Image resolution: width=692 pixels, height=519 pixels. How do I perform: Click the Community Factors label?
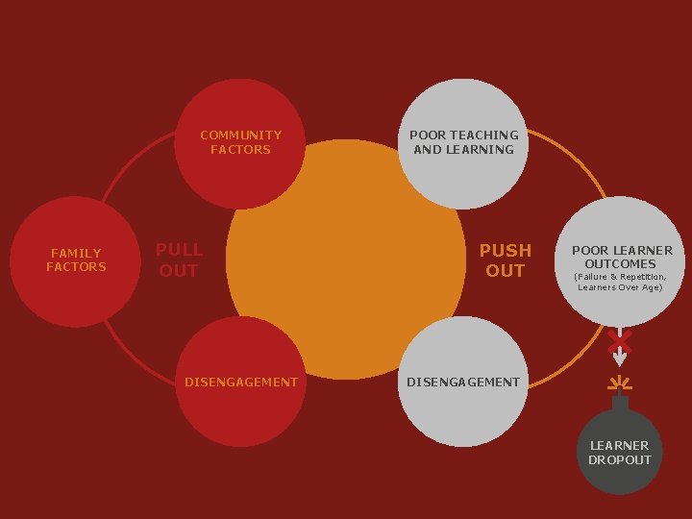[240, 142]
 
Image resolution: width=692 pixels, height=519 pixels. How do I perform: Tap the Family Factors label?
[76, 260]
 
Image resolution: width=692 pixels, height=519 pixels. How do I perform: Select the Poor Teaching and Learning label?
[463, 142]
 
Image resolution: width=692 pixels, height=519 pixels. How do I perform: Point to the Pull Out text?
[179, 260]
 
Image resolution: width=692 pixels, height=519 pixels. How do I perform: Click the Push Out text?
[505, 260]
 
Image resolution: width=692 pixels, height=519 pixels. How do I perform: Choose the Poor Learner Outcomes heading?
[622, 257]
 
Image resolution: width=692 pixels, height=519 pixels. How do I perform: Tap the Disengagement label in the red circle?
[240, 382]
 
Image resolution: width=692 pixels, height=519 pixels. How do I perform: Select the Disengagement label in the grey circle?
[463, 382]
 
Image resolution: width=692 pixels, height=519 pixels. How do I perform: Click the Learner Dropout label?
[620, 453]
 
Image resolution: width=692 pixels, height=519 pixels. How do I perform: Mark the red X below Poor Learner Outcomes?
[620, 339]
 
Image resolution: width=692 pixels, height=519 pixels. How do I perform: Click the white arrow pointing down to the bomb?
[620, 355]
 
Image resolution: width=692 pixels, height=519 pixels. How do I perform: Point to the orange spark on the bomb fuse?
[620, 384]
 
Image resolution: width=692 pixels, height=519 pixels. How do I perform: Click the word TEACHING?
[484, 136]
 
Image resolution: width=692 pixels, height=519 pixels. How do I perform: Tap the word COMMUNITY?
[240, 136]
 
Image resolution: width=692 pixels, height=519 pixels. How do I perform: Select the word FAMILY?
[76, 254]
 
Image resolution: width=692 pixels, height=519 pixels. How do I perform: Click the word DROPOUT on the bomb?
[620, 459]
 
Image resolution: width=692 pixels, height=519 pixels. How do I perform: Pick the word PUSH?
[505, 251]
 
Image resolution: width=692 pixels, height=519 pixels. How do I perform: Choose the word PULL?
[179, 251]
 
